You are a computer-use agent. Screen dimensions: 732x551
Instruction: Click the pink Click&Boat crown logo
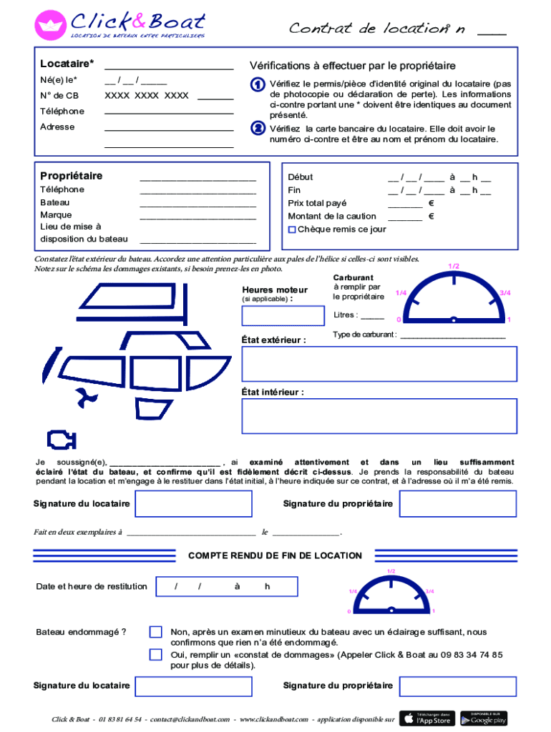(50, 25)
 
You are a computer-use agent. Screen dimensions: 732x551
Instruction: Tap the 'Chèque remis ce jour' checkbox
(292, 229)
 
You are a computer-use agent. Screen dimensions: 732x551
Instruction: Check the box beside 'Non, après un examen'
(155, 632)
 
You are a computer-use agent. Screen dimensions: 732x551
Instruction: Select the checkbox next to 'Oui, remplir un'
(155, 654)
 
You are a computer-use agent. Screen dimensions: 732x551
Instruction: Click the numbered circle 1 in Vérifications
(258, 85)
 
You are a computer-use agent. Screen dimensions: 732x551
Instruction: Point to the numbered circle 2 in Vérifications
(258, 129)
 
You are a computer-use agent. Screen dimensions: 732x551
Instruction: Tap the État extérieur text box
(379, 363)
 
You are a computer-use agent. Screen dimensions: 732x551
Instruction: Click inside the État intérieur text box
(379, 416)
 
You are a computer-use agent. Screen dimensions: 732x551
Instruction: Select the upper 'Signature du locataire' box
(193, 503)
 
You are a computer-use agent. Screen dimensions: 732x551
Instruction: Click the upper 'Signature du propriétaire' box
(457, 503)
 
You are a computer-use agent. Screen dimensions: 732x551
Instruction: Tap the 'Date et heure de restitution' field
(226, 586)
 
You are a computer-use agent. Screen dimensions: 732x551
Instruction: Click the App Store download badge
(426, 718)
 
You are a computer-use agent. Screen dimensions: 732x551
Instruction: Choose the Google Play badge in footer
(484, 718)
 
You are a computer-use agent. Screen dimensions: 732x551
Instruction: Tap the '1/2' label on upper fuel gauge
(454, 267)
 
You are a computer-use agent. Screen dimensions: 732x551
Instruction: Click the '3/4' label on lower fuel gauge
(429, 591)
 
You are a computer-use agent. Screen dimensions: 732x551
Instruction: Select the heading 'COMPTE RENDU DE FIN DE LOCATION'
(275, 555)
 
